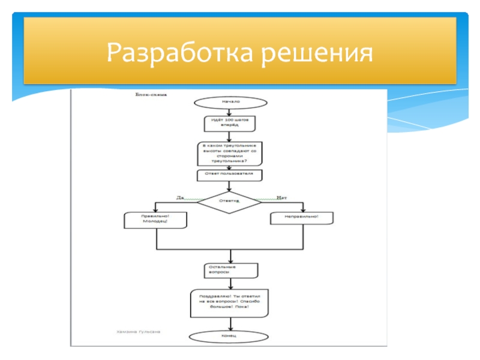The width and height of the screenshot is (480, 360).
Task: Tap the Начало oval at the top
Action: tap(230, 102)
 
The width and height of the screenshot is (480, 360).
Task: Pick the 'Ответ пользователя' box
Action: tap(230, 175)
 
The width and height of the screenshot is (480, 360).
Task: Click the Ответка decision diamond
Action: tap(230, 202)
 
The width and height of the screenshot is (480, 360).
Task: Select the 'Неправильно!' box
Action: tap(301, 218)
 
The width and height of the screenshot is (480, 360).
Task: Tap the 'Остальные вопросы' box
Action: tap(230, 270)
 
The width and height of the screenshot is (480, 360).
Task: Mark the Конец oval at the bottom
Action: tap(230, 336)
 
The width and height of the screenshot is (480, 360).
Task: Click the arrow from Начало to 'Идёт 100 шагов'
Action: tap(230, 112)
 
